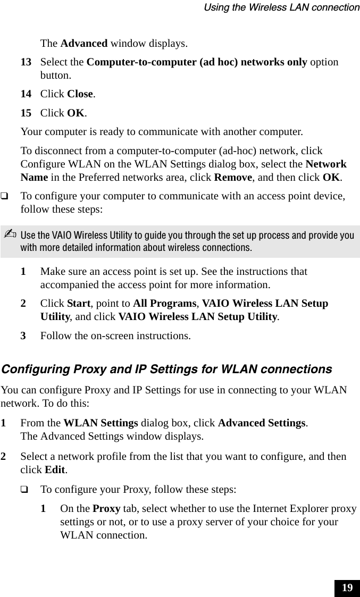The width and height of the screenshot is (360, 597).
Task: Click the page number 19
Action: [x=347, y=588]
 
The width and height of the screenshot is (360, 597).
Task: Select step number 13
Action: [x=26, y=62]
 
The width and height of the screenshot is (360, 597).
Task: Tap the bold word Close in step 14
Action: [x=80, y=94]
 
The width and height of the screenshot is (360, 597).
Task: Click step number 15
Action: [x=26, y=113]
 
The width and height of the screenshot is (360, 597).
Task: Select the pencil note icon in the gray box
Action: [x=10, y=236]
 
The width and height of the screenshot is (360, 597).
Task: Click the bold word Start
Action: [x=78, y=304]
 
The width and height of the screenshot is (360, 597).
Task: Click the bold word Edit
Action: [x=55, y=470]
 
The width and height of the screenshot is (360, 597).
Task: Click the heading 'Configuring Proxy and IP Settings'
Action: [x=166, y=369]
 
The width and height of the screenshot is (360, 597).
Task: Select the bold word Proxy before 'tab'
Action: [x=106, y=508]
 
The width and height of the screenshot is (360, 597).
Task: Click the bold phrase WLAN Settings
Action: [x=101, y=423]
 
